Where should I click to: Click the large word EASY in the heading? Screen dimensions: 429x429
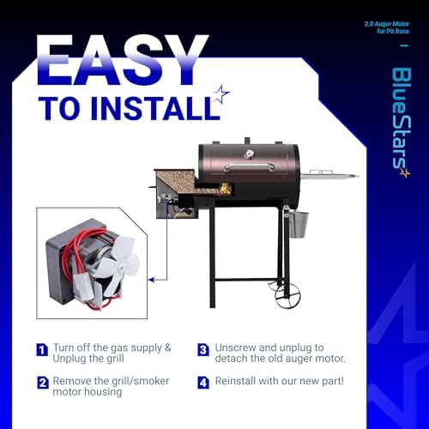(123, 60)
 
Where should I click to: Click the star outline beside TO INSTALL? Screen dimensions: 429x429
(221, 94)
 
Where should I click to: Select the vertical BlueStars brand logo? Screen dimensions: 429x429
(401, 123)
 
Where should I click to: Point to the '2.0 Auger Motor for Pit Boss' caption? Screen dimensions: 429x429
(387, 27)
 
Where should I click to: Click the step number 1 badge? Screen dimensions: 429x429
(42, 349)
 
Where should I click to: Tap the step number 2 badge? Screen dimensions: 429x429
(43, 383)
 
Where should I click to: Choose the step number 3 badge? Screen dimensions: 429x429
(203, 349)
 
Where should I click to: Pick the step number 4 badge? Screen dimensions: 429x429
(203, 383)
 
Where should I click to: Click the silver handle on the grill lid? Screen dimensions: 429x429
(250, 167)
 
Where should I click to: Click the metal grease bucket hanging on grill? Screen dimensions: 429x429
(299, 225)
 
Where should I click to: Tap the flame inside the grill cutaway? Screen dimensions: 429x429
(225, 188)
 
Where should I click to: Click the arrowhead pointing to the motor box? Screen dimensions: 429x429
(151, 280)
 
